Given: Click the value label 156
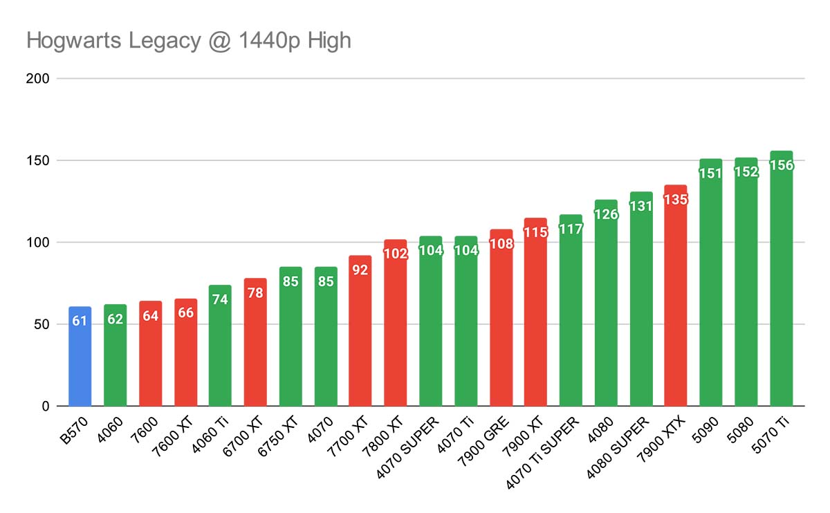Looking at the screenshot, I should click(781, 165).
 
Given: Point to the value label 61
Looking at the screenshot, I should click(80, 321).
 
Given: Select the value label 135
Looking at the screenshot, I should click(675, 200).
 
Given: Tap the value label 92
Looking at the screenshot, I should click(360, 270).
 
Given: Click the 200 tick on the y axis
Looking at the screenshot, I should click(39, 78).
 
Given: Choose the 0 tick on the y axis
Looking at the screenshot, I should click(45, 406).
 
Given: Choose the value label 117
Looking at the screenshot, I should click(570, 229).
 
